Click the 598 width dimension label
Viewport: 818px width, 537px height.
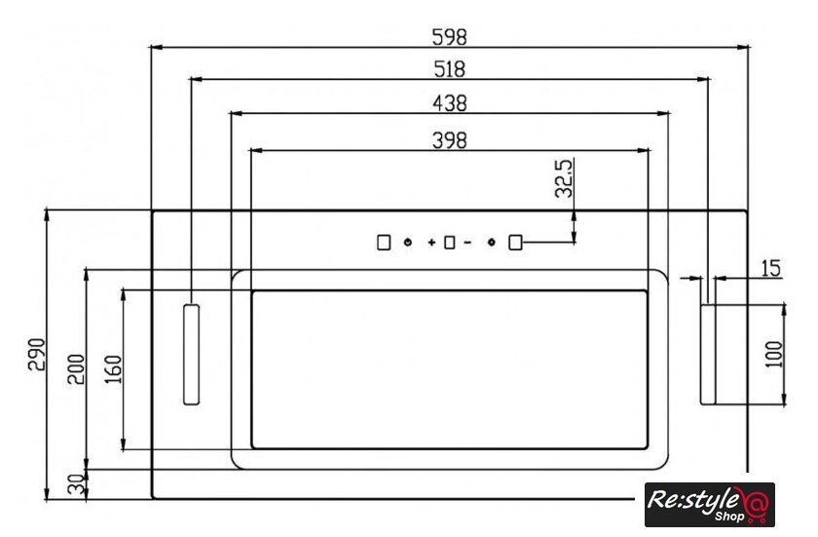(x=449, y=37)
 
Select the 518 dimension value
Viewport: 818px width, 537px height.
(x=449, y=69)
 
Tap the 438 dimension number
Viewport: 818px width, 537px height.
(x=450, y=103)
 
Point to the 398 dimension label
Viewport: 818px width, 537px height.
(x=450, y=140)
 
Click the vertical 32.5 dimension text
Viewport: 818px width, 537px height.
(x=564, y=178)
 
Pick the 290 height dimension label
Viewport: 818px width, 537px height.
(x=37, y=355)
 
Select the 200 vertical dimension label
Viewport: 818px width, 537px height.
(x=76, y=369)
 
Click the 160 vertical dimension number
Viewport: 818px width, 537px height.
(x=113, y=369)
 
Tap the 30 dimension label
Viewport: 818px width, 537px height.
(x=76, y=484)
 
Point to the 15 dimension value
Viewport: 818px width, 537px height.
(x=770, y=268)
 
